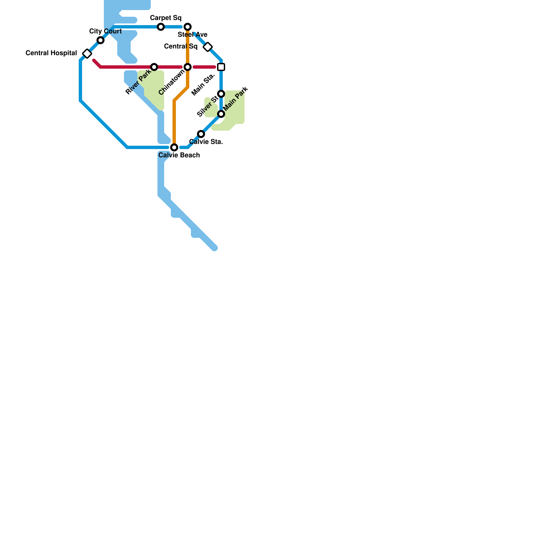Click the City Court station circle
pyautogui.click(x=100, y=41)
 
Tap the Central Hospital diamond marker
pyautogui.click(x=87, y=54)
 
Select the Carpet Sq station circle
pyautogui.click(x=161, y=27)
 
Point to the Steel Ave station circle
pyautogui.click(x=188, y=27)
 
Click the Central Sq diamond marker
pyautogui.click(x=208, y=47)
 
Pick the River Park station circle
pyautogui.click(x=154, y=67)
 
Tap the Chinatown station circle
pyautogui.click(x=188, y=67)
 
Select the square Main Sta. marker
pyautogui.click(x=221, y=67)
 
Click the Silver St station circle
pyautogui.click(x=221, y=94)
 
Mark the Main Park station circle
pyautogui.click(x=221, y=114)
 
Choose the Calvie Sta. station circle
pyautogui.click(x=201, y=134)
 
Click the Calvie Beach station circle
pyautogui.click(x=174, y=147)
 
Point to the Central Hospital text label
pyautogui.click(x=51, y=53)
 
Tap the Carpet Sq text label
pyautogui.click(x=165, y=18)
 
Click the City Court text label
pyautogui.click(x=106, y=31)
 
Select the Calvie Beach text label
pyautogui.click(x=179, y=155)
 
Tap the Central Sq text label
pyautogui.click(x=181, y=46)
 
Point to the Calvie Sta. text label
pyautogui.click(x=206, y=142)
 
